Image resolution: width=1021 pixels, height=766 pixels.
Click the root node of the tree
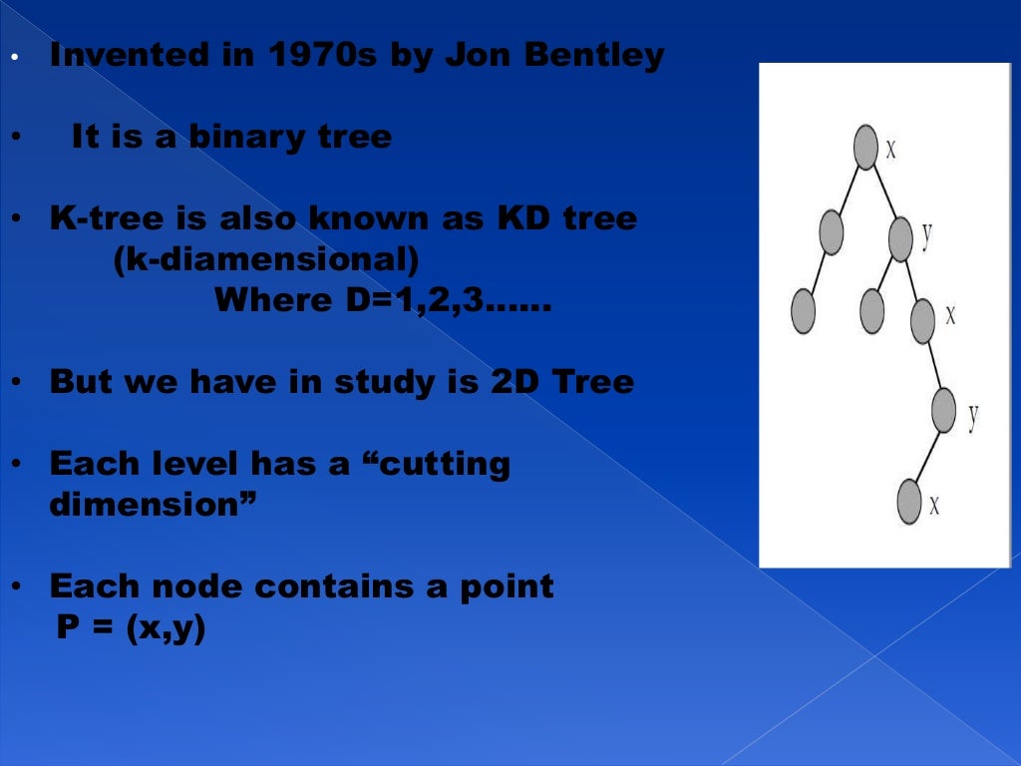pyautogui.click(x=865, y=147)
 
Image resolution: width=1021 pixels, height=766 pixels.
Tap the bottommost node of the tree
pyautogui.click(x=909, y=502)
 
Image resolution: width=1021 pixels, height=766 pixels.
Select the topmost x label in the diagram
pyautogui.click(x=891, y=150)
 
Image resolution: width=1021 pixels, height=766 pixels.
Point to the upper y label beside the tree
pyautogui.click(x=927, y=235)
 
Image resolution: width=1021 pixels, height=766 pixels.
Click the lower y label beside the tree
pyautogui.click(x=973, y=415)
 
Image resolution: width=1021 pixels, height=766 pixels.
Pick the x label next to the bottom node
pyautogui.click(x=935, y=505)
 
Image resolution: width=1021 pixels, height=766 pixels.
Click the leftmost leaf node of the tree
pyautogui.click(x=803, y=310)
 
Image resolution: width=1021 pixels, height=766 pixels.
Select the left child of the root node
pyautogui.click(x=832, y=231)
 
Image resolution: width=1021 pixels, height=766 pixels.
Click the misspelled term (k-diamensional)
pyautogui.click(x=266, y=259)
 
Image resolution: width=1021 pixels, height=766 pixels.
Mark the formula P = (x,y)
pyautogui.click(x=131, y=630)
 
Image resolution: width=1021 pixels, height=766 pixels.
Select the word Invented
pyautogui.click(x=126, y=56)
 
